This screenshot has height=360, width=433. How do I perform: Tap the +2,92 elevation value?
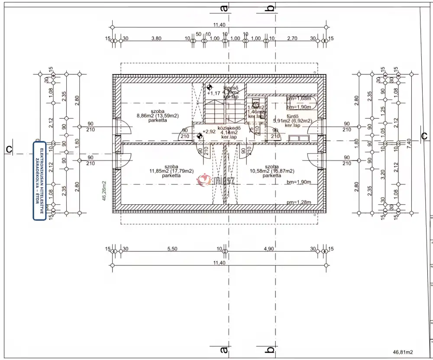pyautogui.click(x=210, y=132)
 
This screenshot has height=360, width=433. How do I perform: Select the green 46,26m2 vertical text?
pyautogui.click(x=104, y=191)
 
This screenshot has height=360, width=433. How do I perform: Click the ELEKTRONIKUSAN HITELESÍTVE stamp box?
pyautogui.click(x=39, y=181)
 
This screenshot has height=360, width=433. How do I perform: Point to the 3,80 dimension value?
pyautogui.click(x=156, y=38)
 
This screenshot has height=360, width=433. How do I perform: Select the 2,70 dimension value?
pyautogui.click(x=292, y=38)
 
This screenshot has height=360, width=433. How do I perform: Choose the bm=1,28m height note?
pyautogui.click(x=299, y=202)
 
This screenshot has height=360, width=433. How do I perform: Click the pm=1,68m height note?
pyautogui.click(x=298, y=99)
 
